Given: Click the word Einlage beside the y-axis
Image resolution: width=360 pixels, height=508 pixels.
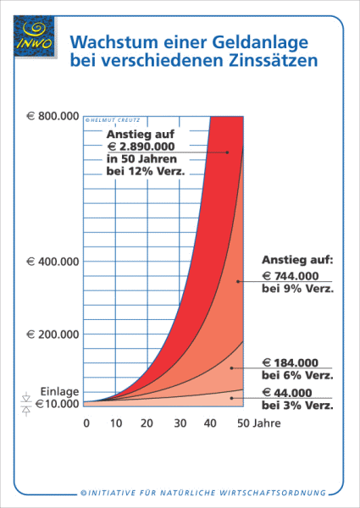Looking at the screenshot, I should pyautogui.click(x=59, y=391).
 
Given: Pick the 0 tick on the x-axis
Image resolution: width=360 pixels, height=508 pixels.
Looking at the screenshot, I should pyautogui.click(x=86, y=422).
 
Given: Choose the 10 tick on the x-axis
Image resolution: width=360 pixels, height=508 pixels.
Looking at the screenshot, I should pyautogui.click(x=117, y=422).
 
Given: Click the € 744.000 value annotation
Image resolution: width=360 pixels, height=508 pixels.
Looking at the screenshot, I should pyautogui.click(x=291, y=275).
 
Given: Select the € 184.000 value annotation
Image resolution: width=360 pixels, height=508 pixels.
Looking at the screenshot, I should pyautogui.click(x=291, y=362).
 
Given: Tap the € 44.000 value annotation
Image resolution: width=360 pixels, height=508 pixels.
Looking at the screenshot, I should pyautogui.click(x=288, y=392).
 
